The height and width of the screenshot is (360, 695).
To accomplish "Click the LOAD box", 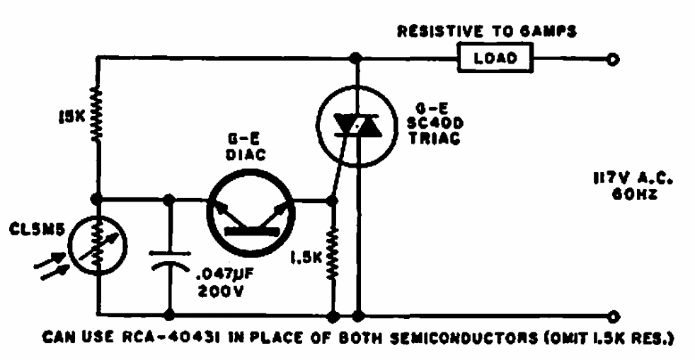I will coord(494,59).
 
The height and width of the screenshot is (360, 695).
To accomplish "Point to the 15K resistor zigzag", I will coord(97,117).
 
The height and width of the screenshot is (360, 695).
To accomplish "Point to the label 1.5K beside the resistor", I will coord(306,260).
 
